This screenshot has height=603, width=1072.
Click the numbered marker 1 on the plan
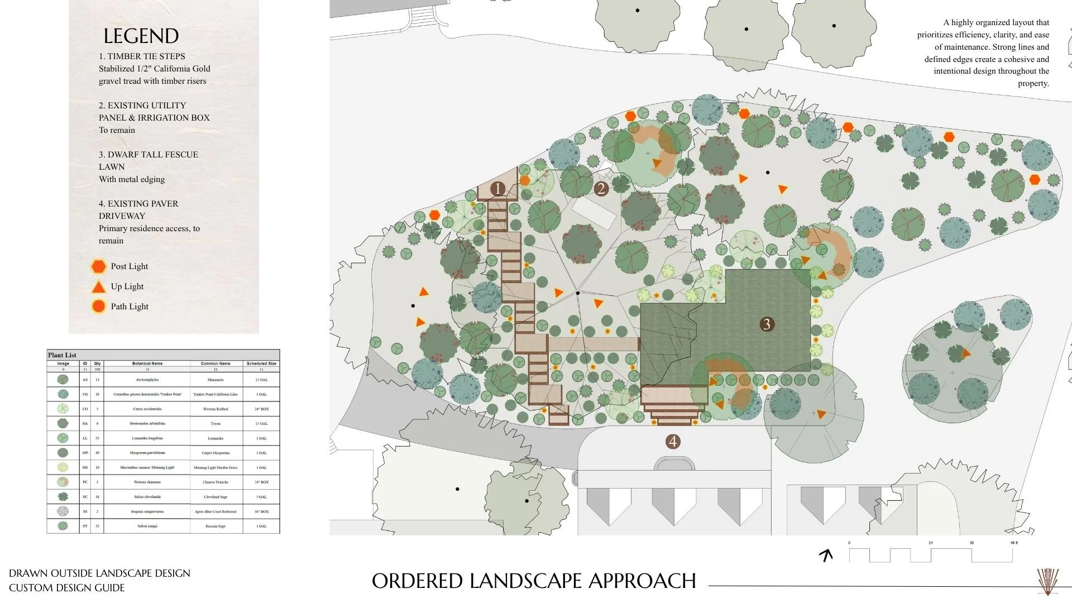[x=497, y=189]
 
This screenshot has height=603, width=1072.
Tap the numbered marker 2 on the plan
[x=601, y=189]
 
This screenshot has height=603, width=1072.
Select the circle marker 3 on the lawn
[x=767, y=324]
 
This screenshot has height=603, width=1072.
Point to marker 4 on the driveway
[x=673, y=442]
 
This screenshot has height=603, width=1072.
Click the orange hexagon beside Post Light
[x=98, y=266]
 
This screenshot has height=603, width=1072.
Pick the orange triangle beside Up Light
[x=98, y=287]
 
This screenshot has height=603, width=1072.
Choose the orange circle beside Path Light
[x=98, y=307]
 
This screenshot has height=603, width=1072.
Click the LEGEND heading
[x=141, y=36]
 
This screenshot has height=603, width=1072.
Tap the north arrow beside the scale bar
[x=826, y=555]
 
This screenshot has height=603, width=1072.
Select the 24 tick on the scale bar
[x=931, y=543]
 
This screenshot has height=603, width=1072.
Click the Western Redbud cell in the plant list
[x=216, y=409]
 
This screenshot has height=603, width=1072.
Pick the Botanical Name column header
[x=147, y=363]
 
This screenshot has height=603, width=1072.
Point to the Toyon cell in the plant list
[x=216, y=424]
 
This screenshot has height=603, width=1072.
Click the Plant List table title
[x=62, y=355]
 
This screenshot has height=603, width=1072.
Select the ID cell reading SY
[x=85, y=526]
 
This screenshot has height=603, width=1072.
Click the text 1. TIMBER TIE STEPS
[x=142, y=56]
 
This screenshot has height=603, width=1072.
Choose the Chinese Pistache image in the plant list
[x=63, y=482]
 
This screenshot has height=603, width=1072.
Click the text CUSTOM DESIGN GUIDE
[x=66, y=588]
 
